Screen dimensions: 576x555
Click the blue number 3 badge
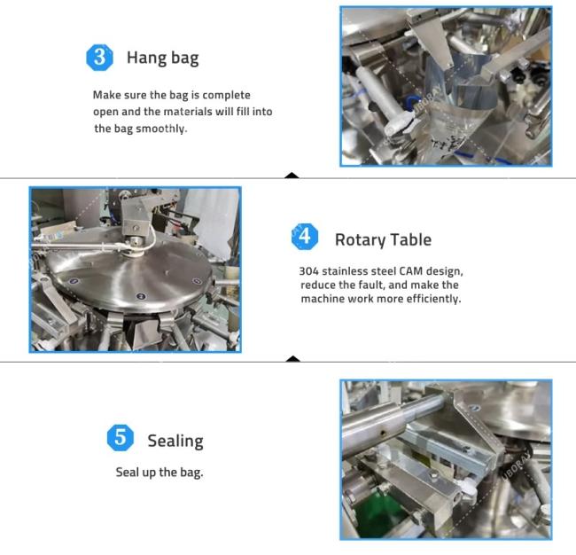(99, 58)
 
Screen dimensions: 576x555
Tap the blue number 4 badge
(305, 237)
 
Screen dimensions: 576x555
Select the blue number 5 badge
(121, 438)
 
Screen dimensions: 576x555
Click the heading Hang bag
(163, 59)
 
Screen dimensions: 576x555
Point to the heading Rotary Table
(383, 240)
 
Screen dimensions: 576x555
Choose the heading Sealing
(175, 441)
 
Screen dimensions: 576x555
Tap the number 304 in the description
(309, 271)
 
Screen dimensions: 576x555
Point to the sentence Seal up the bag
(160, 473)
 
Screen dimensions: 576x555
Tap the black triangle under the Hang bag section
(292, 175)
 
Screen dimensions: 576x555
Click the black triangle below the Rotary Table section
(292, 359)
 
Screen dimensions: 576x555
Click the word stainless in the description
(345, 271)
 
